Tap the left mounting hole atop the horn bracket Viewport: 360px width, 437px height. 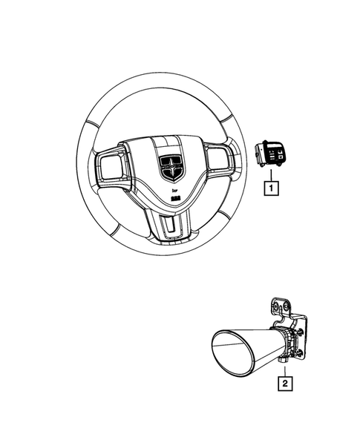point(276,307)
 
